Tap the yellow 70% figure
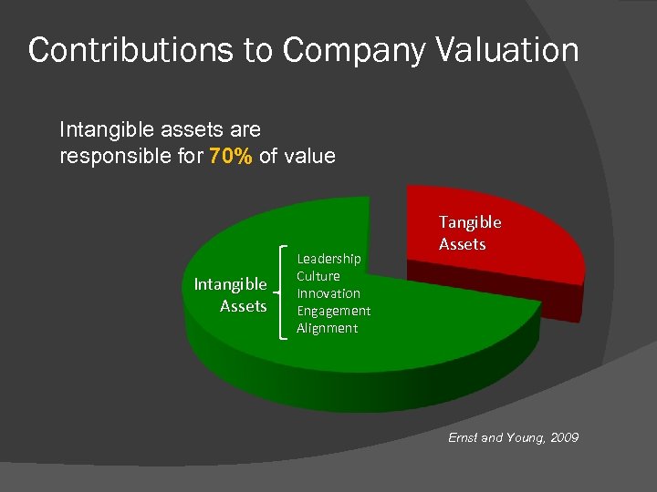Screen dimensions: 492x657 pos(231,156)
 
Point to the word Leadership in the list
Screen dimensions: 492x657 pos(328,259)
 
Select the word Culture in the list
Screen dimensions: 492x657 pos(318,276)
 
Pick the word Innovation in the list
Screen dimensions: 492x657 pos(328,293)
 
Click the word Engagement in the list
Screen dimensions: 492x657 pos(333,311)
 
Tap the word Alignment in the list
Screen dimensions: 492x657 pos(327,328)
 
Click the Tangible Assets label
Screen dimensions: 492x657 pos(470,232)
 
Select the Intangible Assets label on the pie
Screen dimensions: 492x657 pos(231,295)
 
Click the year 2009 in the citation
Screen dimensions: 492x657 pos(563,438)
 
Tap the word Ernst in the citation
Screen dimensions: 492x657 pos(464,438)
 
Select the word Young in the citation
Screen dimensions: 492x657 pos(525,438)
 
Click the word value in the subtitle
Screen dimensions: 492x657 pos(309,157)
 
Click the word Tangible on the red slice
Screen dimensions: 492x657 pos(470,222)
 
